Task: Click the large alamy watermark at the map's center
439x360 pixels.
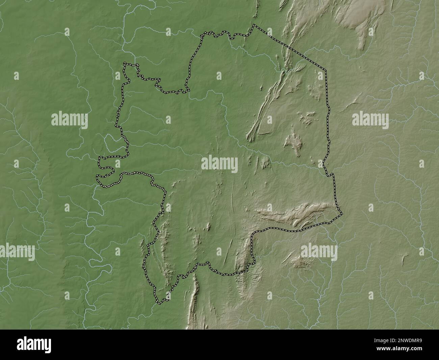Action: click(x=219, y=164)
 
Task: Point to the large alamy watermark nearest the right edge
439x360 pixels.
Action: click(x=370, y=120)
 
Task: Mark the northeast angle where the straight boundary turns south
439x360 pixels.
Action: click(x=326, y=70)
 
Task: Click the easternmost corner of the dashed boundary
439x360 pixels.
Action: click(x=342, y=214)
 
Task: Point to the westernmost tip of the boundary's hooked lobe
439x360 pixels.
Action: click(x=97, y=176)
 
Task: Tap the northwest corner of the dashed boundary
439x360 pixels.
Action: click(x=125, y=63)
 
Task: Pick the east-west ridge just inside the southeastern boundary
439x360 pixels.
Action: click(x=290, y=215)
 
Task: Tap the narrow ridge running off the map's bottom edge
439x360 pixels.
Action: click(x=193, y=304)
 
